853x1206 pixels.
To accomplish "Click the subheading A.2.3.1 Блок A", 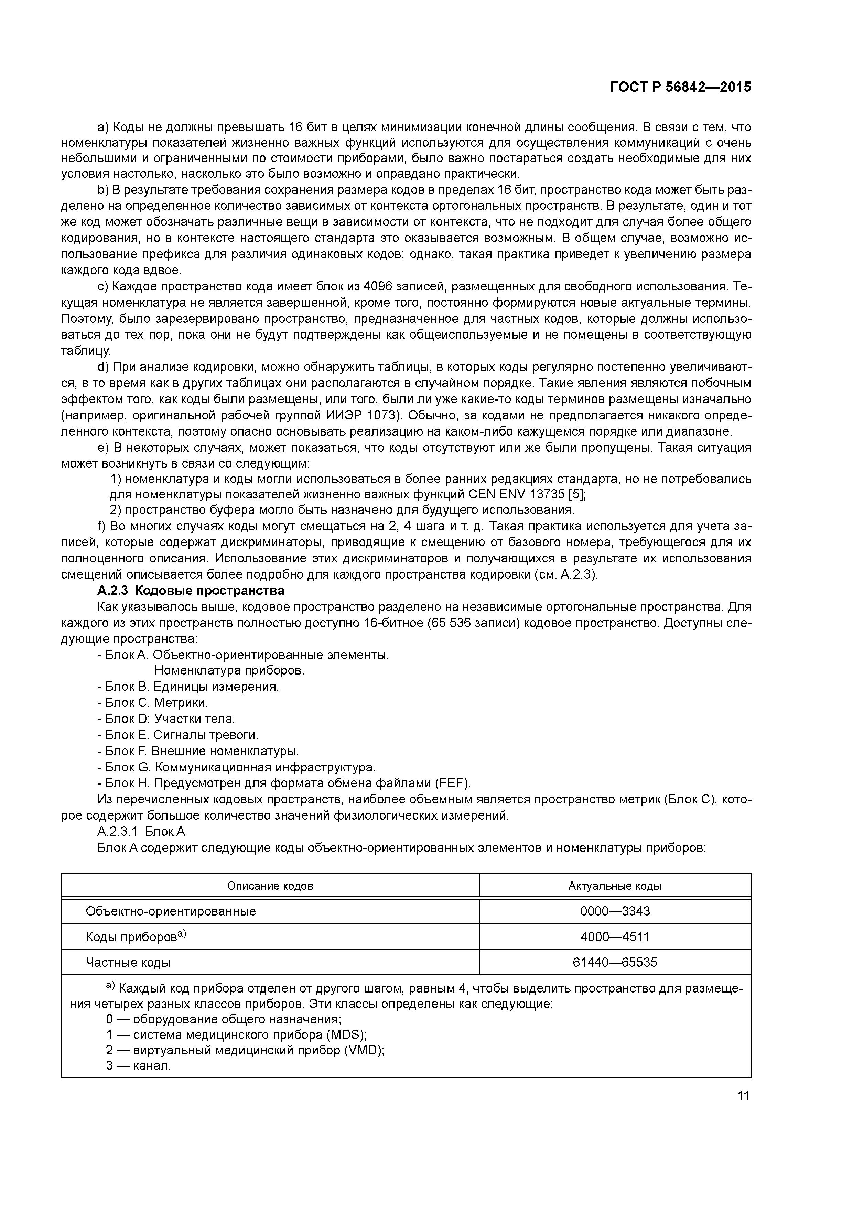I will pyautogui.click(x=141, y=832).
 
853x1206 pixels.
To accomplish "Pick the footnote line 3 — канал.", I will pyautogui.click(x=138, y=1066).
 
